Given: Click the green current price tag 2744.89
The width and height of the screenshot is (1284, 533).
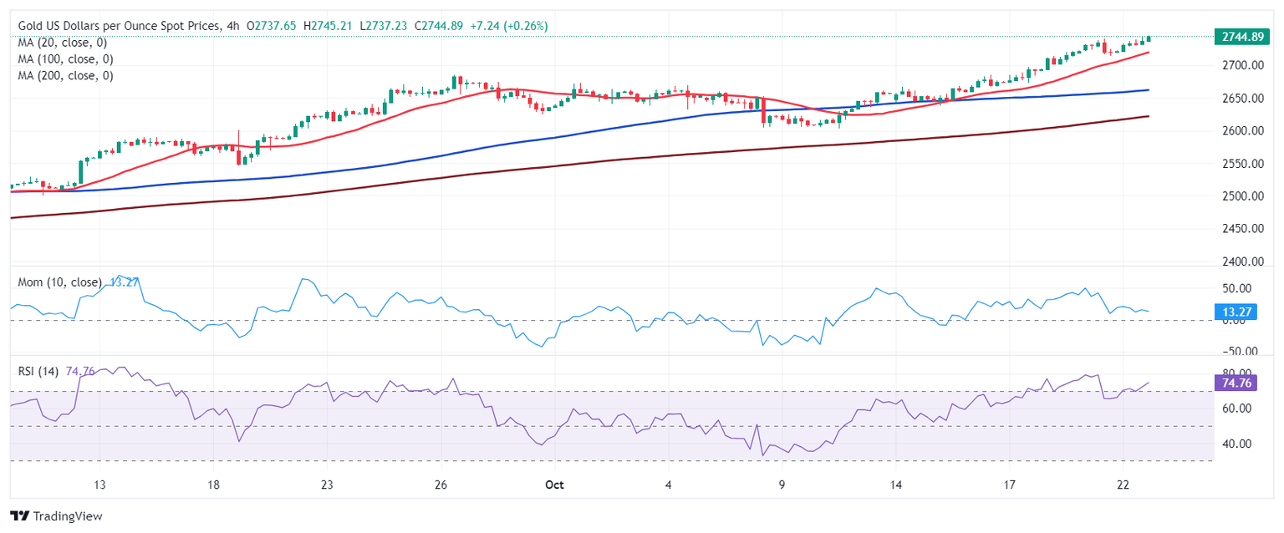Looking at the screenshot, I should click(1241, 37).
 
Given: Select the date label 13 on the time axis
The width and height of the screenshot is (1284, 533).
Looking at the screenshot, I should click(99, 485).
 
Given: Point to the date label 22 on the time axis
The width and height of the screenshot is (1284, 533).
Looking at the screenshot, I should click(1123, 485).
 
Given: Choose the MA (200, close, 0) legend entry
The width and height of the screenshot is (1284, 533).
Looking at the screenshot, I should click(65, 75).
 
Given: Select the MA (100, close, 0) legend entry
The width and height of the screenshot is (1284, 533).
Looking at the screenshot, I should click(65, 59).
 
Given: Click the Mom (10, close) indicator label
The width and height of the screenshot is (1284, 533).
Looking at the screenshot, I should click(60, 282).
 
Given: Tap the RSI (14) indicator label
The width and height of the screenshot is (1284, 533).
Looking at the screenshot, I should click(38, 372).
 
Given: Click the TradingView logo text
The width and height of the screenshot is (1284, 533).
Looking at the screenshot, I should click(56, 516).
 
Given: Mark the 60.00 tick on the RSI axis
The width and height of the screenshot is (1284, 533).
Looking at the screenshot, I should click(1237, 409).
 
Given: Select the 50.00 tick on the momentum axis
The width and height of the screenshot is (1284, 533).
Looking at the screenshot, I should click(1237, 289).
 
